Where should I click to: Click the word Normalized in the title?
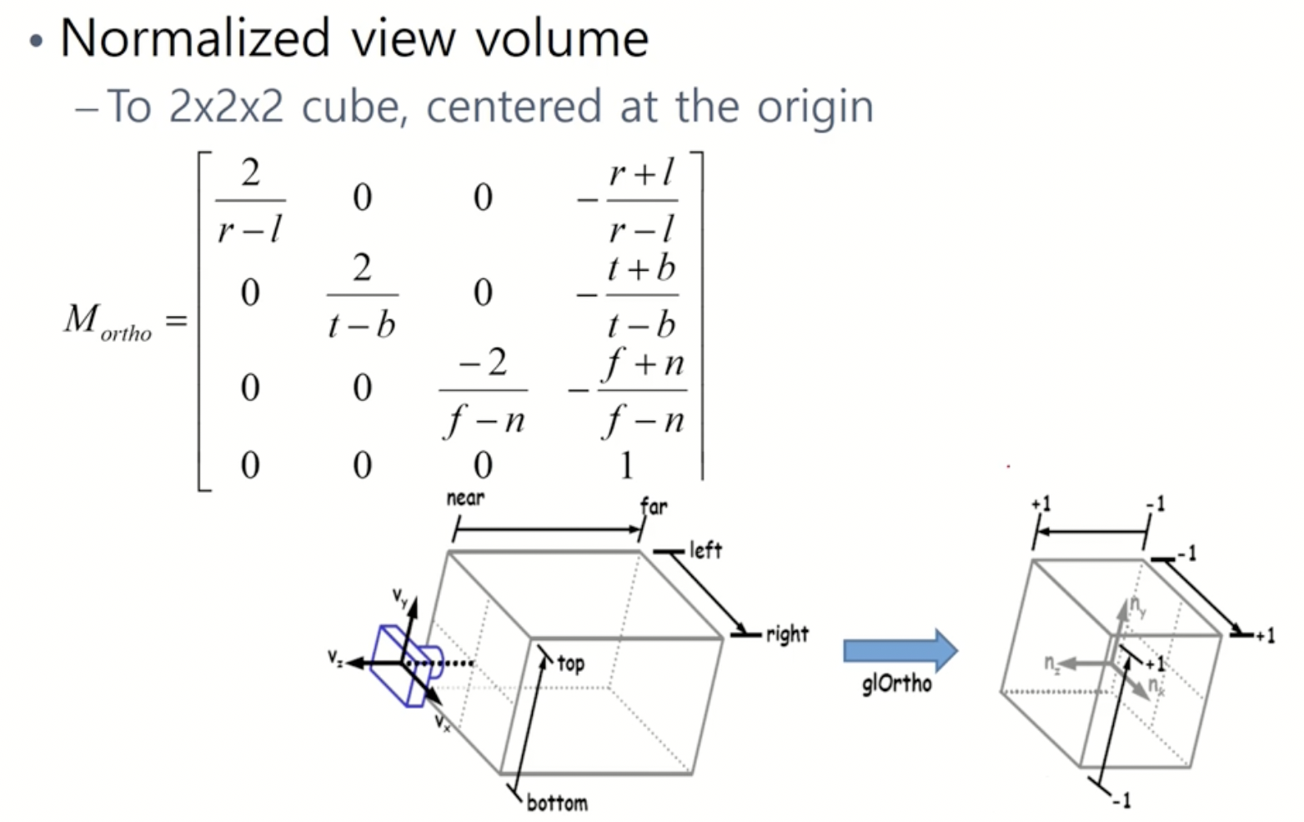[195, 38]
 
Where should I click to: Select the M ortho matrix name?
[108, 321]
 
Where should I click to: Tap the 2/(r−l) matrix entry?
[250, 201]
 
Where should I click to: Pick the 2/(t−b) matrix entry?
[362, 295]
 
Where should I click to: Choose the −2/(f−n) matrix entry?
[484, 389]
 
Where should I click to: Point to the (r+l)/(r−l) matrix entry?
[640, 201]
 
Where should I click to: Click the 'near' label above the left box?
[465, 499]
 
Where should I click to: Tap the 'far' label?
[654, 505]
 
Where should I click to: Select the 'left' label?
[705, 550]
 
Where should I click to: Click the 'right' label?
[787, 634]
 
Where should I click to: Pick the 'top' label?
[571, 664]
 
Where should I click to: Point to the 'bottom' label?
[557, 803]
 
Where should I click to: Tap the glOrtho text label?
[896, 684]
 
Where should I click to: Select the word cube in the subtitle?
[351, 108]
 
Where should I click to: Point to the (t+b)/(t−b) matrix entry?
[640, 295]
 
